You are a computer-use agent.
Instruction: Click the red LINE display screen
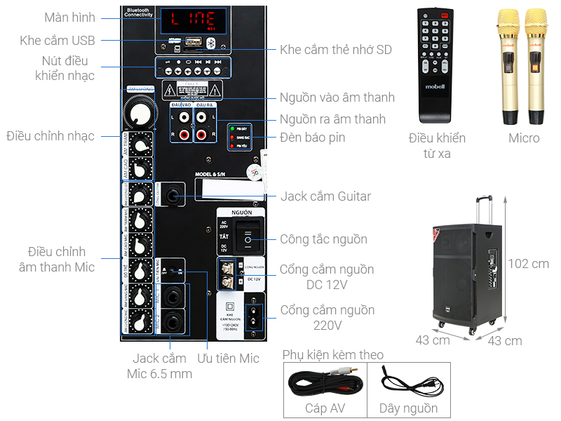191,22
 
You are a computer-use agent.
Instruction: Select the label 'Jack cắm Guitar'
325,196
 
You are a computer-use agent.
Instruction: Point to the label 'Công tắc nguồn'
323,239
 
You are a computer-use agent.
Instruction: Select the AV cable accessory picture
327,383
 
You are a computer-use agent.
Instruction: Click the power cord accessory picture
408,383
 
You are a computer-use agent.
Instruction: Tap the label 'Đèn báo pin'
312,138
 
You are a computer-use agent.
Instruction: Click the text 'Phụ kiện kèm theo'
333,355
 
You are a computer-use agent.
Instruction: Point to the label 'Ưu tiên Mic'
229,359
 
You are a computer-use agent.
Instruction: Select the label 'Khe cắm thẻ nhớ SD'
336,49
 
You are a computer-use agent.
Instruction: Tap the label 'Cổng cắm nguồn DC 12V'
327,277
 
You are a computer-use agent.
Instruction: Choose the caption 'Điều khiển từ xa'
437,145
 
